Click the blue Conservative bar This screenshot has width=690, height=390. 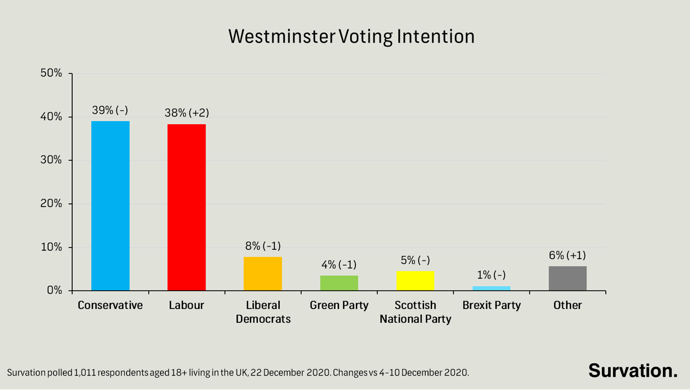110,205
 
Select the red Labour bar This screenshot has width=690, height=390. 187,207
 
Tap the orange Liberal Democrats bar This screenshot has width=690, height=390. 263,274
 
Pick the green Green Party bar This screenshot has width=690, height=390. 339,283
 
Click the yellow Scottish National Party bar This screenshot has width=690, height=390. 415,281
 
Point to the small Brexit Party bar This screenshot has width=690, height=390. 491,288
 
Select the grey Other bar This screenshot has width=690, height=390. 567,278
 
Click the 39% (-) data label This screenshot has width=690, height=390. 110,110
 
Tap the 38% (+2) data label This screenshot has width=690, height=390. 187,113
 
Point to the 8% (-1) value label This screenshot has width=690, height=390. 263,246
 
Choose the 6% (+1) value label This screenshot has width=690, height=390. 567,255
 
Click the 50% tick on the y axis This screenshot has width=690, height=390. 51,73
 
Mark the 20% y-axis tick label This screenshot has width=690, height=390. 51,203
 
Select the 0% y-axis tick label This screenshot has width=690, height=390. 54,290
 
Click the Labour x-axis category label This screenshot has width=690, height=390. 187,305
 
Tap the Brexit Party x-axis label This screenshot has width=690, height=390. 491,305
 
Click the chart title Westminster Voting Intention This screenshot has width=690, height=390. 351,36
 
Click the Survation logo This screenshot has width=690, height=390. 633,371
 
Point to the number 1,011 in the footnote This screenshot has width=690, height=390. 85,373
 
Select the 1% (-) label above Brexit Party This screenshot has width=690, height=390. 491,275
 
